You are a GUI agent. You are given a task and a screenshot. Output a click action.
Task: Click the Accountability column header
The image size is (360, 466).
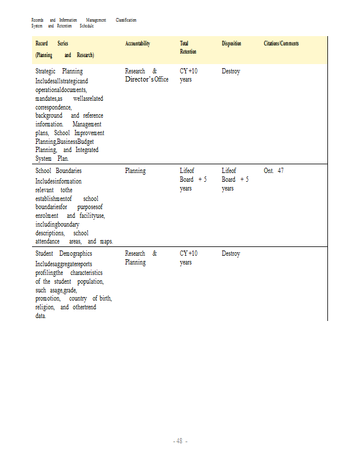pyautogui.click(x=137, y=44)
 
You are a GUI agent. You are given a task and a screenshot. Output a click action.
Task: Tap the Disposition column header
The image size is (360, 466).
pyautogui.click(x=231, y=44)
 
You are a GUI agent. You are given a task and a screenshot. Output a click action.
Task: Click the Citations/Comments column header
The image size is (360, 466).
pyautogui.click(x=281, y=44)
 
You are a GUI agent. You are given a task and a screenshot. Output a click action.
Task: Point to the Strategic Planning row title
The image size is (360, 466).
pyautogui.click(x=59, y=71)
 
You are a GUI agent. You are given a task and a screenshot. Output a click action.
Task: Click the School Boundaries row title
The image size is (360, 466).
pyautogui.click(x=58, y=171)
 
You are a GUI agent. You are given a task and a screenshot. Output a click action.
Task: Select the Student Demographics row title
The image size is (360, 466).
pyautogui.click(x=63, y=253)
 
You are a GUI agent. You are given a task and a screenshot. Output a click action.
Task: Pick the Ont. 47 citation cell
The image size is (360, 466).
pyautogui.click(x=273, y=171)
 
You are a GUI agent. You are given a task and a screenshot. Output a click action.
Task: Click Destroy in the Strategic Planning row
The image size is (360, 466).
pyautogui.click(x=231, y=71)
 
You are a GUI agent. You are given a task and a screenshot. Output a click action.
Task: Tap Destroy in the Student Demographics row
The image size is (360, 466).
pyautogui.click(x=231, y=253)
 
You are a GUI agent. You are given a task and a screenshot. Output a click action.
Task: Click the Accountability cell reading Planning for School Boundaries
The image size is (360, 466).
pyautogui.click(x=135, y=171)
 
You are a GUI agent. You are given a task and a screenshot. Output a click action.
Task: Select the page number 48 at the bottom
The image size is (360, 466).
pyautogui.click(x=180, y=441)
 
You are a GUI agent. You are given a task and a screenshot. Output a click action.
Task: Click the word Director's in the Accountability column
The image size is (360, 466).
pyautogui.click(x=139, y=79)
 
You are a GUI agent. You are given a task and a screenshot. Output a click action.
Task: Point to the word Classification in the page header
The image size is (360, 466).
pyautogui.click(x=126, y=20)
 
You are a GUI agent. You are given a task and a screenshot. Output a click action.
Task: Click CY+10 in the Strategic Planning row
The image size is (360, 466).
pyautogui.click(x=189, y=71)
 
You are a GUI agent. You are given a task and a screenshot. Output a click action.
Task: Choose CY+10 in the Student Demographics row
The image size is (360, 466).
pyautogui.click(x=189, y=253)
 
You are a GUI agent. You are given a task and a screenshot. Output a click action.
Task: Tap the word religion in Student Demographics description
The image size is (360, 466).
pyautogui.click(x=44, y=307)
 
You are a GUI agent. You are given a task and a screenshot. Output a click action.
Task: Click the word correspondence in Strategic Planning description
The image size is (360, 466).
pyautogui.click(x=53, y=107)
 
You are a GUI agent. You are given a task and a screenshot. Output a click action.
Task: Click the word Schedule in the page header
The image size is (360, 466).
pyautogui.click(x=86, y=26)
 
